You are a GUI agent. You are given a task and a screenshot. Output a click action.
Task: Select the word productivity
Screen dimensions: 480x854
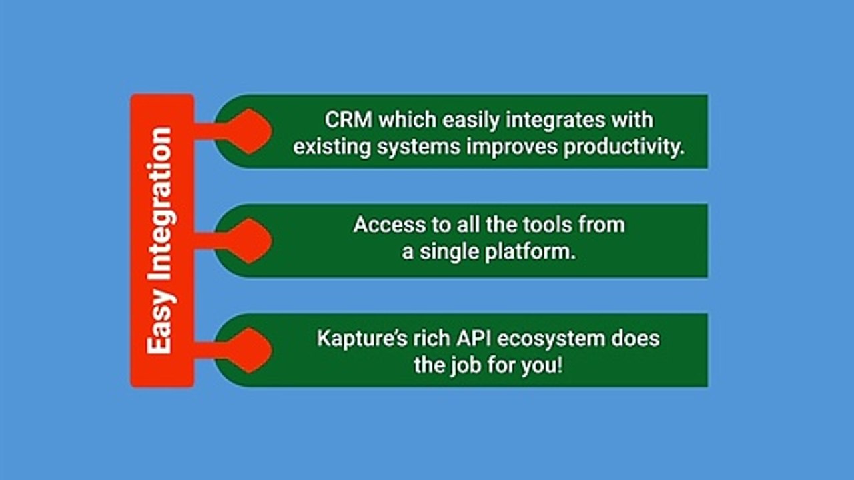click(x=624, y=147)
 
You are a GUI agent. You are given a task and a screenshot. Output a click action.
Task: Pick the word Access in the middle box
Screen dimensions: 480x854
click(x=384, y=225)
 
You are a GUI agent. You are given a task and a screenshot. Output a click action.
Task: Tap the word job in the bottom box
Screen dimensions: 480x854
click(x=462, y=365)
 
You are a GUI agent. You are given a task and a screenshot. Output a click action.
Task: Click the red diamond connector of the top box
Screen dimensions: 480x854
click(x=247, y=131)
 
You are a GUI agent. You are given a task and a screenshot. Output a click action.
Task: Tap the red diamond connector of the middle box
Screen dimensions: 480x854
click(x=247, y=241)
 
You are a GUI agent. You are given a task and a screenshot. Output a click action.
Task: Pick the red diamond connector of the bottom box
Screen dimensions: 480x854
click(x=247, y=350)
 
